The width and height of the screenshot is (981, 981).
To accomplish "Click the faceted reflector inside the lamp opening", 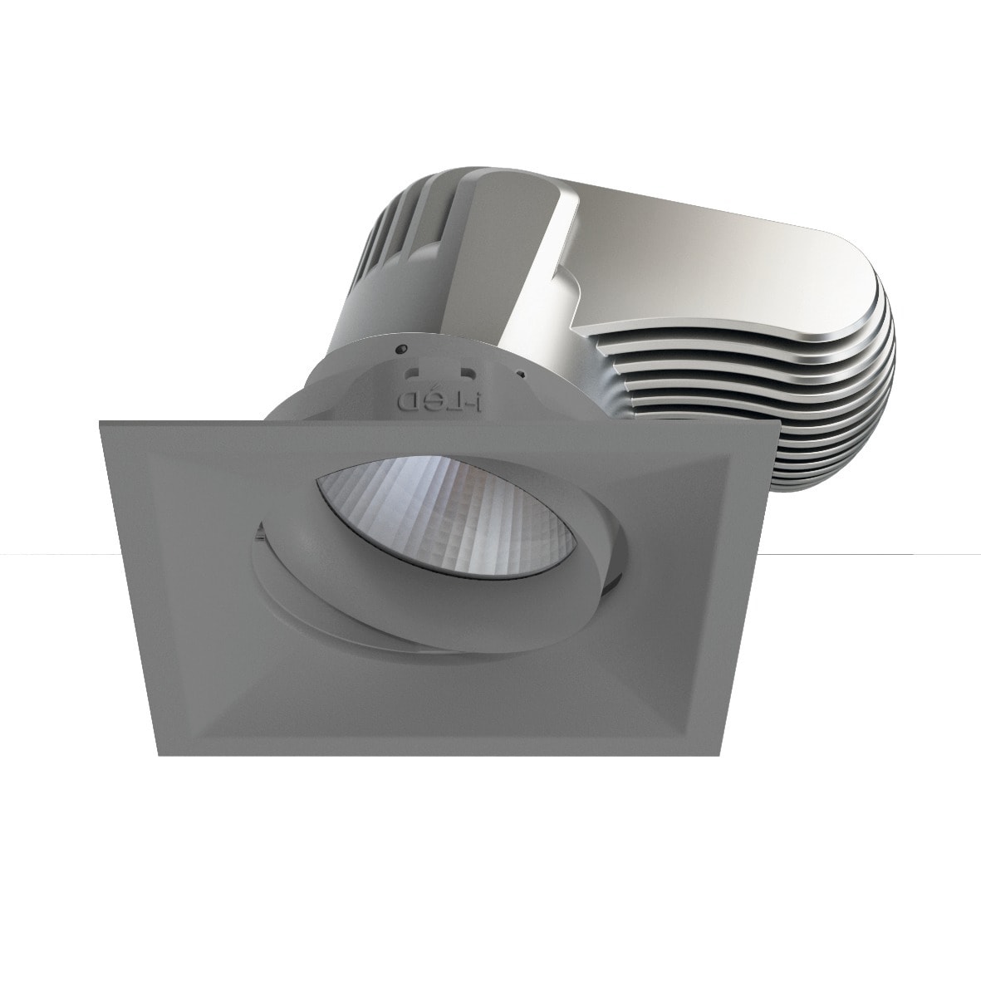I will point(465,515).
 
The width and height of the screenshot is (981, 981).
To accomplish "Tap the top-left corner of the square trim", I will point(101,423).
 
